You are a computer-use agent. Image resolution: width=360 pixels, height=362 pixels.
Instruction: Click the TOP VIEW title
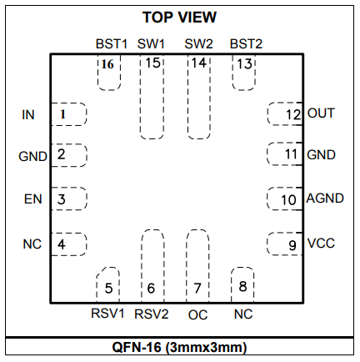(179, 18)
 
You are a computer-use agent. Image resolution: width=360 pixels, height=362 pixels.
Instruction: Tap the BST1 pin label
(112, 44)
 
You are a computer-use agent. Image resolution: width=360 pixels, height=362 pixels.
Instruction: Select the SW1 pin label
(151, 44)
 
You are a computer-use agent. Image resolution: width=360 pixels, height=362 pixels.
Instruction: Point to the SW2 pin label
(199, 44)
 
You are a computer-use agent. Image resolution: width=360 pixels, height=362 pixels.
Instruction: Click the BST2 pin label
(246, 44)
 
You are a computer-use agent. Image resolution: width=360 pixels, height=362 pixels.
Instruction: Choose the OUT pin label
(321, 113)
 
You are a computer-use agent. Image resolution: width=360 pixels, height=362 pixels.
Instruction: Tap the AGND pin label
(325, 199)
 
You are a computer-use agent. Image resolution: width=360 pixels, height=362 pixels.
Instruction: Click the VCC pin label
(321, 243)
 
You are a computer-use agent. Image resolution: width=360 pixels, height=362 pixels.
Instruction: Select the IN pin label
(28, 115)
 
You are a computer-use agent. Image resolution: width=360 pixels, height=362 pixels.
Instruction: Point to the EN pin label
(32, 199)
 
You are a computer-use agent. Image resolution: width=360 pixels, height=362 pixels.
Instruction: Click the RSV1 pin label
(107, 314)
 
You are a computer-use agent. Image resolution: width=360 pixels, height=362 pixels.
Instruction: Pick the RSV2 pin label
(152, 314)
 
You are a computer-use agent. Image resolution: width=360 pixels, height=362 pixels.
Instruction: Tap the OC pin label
(197, 315)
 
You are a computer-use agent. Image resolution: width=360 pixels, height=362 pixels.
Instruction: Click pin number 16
(107, 64)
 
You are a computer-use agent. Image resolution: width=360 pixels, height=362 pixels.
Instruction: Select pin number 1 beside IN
(62, 114)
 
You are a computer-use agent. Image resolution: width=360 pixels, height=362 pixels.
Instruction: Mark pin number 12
(293, 115)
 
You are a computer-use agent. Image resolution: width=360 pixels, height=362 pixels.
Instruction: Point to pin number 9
(292, 245)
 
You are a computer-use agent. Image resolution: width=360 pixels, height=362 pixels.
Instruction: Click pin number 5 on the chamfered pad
(108, 289)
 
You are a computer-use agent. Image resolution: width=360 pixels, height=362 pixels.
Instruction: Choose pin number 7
(197, 289)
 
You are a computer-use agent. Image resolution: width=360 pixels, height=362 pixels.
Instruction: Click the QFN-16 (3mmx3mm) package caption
(179, 347)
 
